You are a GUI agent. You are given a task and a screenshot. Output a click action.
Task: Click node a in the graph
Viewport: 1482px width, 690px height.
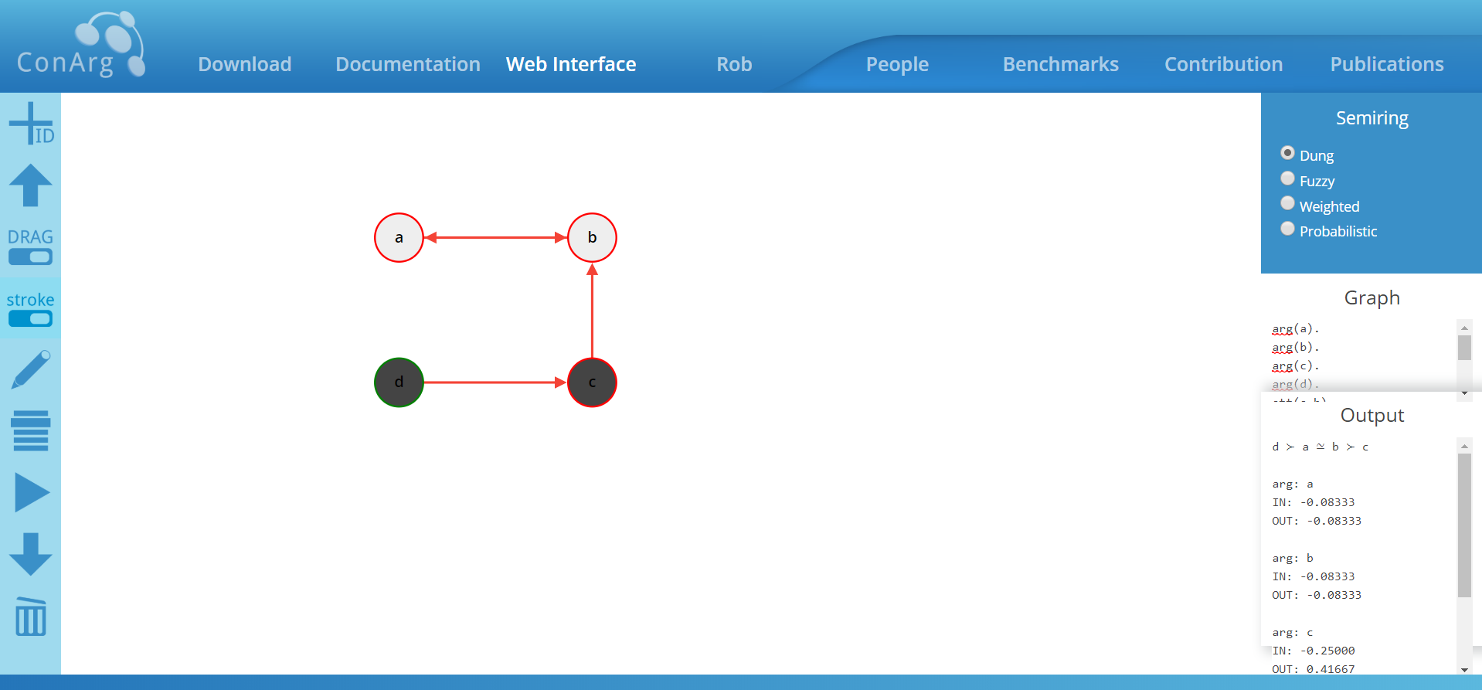coord(399,238)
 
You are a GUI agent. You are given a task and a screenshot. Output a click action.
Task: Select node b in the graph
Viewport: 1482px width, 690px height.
coord(592,238)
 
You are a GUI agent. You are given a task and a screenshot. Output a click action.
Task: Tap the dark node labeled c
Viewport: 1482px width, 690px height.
coord(592,382)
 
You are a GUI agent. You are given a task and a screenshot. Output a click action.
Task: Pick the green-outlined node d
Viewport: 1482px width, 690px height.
coord(399,382)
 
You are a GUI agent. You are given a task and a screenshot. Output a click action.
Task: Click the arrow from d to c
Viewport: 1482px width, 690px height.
coord(495,382)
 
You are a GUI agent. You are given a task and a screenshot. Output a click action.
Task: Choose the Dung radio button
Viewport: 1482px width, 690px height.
coord(1287,153)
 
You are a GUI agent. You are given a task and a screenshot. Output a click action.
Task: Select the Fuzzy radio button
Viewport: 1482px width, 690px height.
coord(1287,178)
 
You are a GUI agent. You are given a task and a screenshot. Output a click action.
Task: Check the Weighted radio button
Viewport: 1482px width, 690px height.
coord(1287,203)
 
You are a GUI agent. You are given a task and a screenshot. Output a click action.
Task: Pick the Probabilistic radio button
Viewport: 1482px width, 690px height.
coord(1287,229)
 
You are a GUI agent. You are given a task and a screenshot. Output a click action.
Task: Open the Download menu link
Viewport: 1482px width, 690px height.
coord(244,64)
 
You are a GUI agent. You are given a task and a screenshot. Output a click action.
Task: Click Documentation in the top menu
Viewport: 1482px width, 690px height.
coord(408,64)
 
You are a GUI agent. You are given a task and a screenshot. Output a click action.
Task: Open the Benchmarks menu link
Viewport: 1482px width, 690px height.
coord(1060,64)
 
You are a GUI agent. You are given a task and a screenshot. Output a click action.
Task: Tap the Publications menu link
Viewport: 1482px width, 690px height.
coord(1386,64)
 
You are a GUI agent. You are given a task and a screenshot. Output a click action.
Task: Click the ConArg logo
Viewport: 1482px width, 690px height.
coord(81,46)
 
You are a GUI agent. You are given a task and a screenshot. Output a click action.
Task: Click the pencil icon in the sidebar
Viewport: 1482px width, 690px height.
coord(31,369)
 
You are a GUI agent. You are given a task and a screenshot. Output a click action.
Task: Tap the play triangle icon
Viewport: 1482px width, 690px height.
coord(31,493)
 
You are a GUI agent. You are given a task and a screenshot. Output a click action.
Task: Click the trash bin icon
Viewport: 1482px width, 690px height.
coord(31,617)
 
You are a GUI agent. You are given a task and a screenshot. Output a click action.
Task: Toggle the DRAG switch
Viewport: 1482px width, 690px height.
coord(31,257)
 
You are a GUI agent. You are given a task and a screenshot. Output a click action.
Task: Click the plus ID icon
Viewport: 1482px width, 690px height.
coord(31,124)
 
